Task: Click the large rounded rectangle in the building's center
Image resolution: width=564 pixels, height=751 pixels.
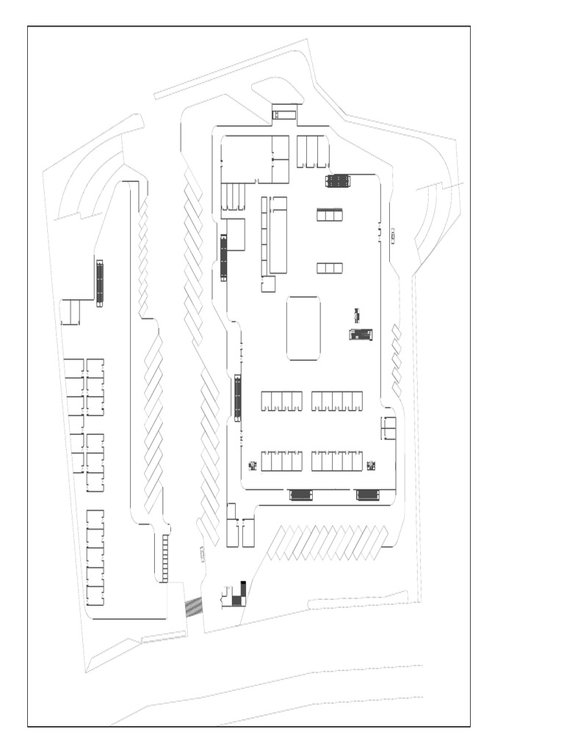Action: click(x=303, y=328)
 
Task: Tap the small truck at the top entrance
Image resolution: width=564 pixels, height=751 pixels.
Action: click(x=284, y=114)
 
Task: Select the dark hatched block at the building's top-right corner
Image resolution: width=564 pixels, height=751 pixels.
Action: click(x=338, y=180)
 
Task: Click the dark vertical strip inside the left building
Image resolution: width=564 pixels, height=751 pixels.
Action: click(x=100, y=282)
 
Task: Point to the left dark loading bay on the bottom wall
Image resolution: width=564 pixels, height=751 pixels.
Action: click(x=301, y=495)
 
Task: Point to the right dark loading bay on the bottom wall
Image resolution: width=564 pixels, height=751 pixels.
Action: click(x=367, y=495)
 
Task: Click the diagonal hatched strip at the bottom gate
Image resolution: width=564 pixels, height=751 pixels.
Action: click(x=194, y=607)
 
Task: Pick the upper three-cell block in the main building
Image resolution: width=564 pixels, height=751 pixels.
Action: click(x=330, y=215)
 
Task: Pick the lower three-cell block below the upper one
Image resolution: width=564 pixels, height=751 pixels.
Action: click(x=330, y=268)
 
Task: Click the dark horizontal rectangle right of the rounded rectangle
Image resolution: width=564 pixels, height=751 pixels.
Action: click(x=361, y=334)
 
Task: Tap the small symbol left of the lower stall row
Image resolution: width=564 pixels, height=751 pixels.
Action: click(x=253, y=465)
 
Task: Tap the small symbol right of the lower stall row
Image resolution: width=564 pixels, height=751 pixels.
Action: click(x=371, y=465)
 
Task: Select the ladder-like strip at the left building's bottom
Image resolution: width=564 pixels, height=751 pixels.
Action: click(x=165, y=557)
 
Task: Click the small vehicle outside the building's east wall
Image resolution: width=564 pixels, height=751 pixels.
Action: click(x=394, y=236)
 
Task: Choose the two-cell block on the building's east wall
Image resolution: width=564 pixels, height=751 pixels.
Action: click(x=388, y=428)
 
